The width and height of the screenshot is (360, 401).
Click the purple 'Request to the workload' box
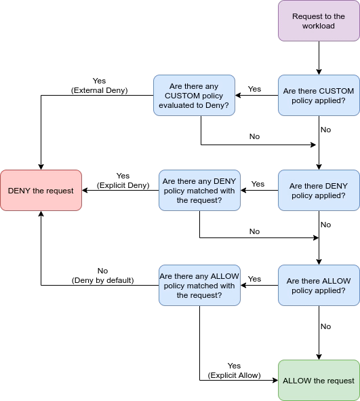(319, 21)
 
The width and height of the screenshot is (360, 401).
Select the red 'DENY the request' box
(41, 191)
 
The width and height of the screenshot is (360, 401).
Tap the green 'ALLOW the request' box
(319, 381)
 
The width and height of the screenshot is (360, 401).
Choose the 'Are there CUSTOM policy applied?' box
(319, 96)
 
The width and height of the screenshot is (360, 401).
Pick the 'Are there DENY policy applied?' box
(319, 191)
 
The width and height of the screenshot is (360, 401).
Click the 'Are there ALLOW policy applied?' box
(319, 286)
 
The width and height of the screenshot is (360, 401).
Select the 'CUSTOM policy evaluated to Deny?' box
(194, 96)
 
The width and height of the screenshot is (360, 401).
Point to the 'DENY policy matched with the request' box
(199, 191)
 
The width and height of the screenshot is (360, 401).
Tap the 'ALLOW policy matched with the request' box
(199, 286)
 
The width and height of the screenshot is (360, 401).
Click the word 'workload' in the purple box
(319, 26)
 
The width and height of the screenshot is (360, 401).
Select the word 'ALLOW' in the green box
(296, 381)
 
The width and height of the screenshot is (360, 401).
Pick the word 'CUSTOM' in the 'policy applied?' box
(336, 91)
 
